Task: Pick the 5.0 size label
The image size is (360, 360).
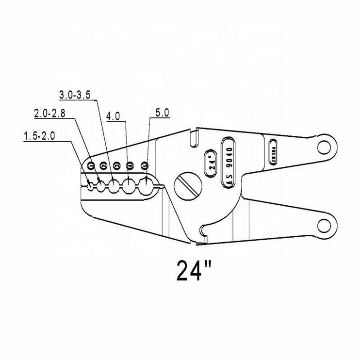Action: pyautogui.click(x=161, y=113)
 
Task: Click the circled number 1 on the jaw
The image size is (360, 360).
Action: pyautogui.click(x=91, y=165)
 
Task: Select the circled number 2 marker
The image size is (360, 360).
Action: pyautogui.click(x=103, y=165)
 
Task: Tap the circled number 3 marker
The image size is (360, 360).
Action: pyautogui.click(x=116, y=165)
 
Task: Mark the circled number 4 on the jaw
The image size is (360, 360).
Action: pyautogui.click(x=130, y=165)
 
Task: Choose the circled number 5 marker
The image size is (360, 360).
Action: pyautogui.click(x=144, y=165)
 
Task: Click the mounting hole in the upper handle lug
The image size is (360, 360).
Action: pyautogui.click(x=323, y=146)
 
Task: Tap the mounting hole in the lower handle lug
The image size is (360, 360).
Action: pyautogui.click(x=323, y=224)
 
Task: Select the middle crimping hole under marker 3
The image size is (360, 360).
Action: pyautogui.click(x=114, y=185)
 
